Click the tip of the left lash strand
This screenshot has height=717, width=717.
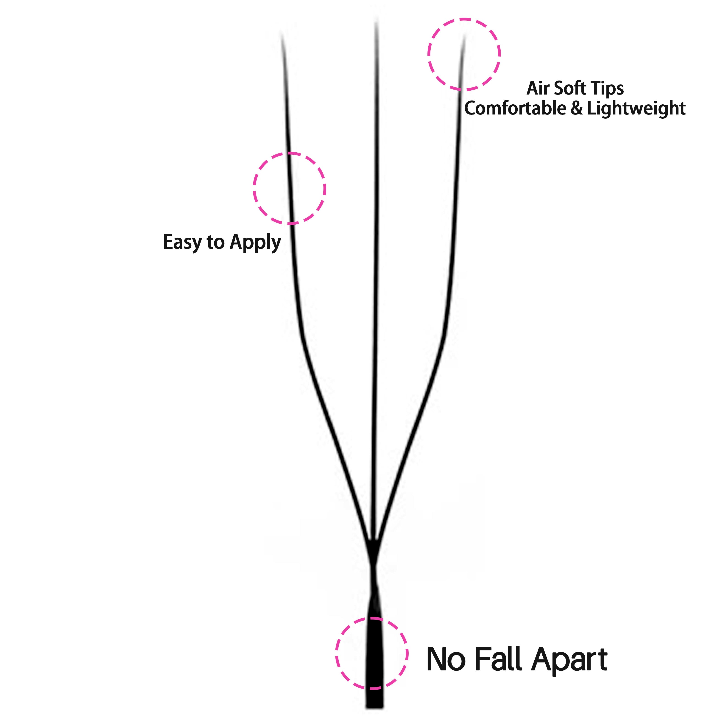[x=281, y=33]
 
